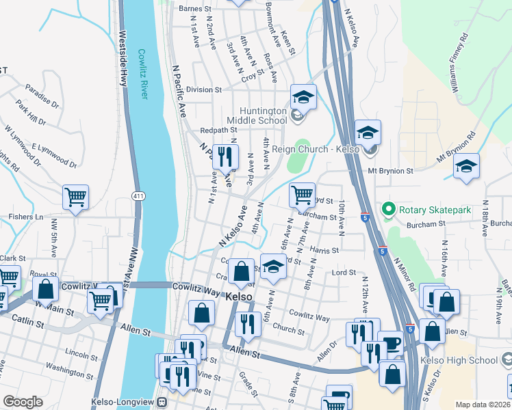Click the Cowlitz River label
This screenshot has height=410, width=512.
(142, 74)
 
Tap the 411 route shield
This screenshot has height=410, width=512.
(138, 196)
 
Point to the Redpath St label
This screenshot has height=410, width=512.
(218, 130)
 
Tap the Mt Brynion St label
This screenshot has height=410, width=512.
(390, 171)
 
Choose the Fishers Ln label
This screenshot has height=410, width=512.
(27, 217)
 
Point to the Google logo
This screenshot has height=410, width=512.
(23, 402)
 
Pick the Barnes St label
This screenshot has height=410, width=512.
(192, 8)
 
